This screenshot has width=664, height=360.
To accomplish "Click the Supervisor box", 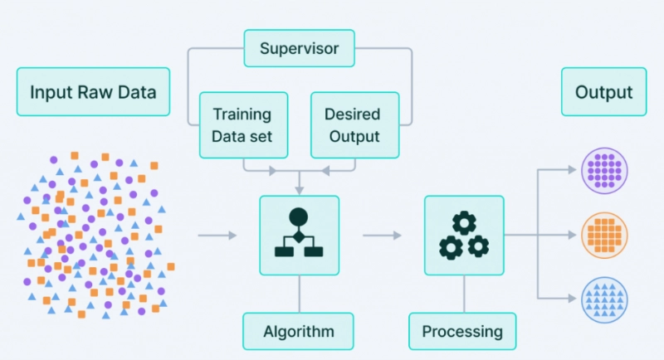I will click(299, 48).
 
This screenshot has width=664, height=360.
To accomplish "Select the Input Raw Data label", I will click(93, 91).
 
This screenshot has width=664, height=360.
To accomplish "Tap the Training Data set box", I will click(242, 124).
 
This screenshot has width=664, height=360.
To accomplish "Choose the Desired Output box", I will click(352, 124).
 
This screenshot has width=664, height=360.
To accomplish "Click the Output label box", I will click(603, 92).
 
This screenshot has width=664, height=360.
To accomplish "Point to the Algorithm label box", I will click(298, 332).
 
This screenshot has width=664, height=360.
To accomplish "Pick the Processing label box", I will click(462, 332).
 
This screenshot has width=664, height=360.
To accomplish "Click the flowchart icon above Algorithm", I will click(299, 236).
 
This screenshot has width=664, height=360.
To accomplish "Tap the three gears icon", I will click(463, 236).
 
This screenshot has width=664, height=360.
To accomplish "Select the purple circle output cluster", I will click(603, 172).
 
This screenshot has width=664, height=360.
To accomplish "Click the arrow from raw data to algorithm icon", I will click(217, 236).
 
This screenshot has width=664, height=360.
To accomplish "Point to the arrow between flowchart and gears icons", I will click(382, 236).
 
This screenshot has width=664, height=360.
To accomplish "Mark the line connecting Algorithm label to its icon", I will click(299, 294).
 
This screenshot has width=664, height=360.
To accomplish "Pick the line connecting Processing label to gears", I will click(463, 294).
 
